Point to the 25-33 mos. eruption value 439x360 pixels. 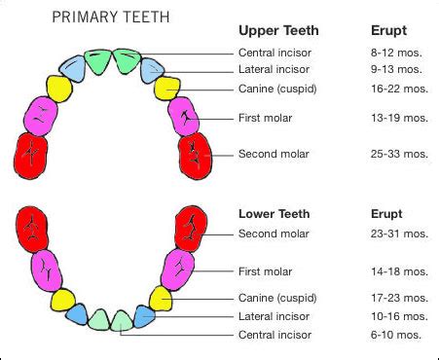tap(399, 154)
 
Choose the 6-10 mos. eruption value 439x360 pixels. tap(397, 335)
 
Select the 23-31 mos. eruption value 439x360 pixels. tap(399, 234)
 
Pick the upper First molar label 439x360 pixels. tap(266, 117)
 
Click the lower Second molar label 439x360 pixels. tap(274, 234)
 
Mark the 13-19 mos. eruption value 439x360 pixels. tap(399, 117)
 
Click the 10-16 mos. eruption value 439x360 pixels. tap(399, 316)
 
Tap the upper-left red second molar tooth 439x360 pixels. tap(33, 155)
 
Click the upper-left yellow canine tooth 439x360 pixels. tap(58, 89)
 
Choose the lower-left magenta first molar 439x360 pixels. tap(45, 269)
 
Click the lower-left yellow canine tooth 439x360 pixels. tap(65, 300)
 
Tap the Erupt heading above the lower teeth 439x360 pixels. tap(387, 212)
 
